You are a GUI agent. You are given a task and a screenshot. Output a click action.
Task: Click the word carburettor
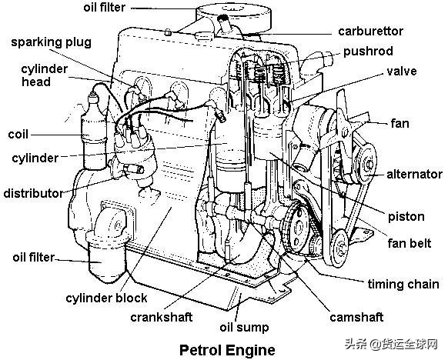point(370,31)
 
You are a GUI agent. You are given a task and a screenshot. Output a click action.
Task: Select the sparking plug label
point(52,42)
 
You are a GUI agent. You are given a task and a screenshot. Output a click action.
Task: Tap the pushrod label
point(368,52)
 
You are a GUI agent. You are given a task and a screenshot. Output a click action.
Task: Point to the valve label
point(401,71)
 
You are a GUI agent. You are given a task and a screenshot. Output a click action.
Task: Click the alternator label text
point(415,174)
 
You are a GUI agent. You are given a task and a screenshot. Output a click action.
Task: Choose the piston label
point(406,217)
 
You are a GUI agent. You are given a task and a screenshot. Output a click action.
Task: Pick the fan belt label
point(410,243)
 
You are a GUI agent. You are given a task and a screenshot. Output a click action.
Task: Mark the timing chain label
point(403,285)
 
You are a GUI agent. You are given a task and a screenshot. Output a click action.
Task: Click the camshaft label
point(356,317)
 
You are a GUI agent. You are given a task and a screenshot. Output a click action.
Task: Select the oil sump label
point(244,328)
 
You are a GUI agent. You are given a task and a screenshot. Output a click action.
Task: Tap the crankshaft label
point(162,317)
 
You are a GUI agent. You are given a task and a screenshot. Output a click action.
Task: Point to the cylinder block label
point(106,298)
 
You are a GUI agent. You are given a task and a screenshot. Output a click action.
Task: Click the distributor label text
point(33,193)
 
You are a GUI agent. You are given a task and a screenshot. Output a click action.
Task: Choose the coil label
point(18,134)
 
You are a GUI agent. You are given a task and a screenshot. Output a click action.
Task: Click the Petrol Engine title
point(227,350)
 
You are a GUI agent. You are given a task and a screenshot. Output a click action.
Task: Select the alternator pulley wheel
point(366,164)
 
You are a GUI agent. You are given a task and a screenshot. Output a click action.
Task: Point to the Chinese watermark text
point(391,344)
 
